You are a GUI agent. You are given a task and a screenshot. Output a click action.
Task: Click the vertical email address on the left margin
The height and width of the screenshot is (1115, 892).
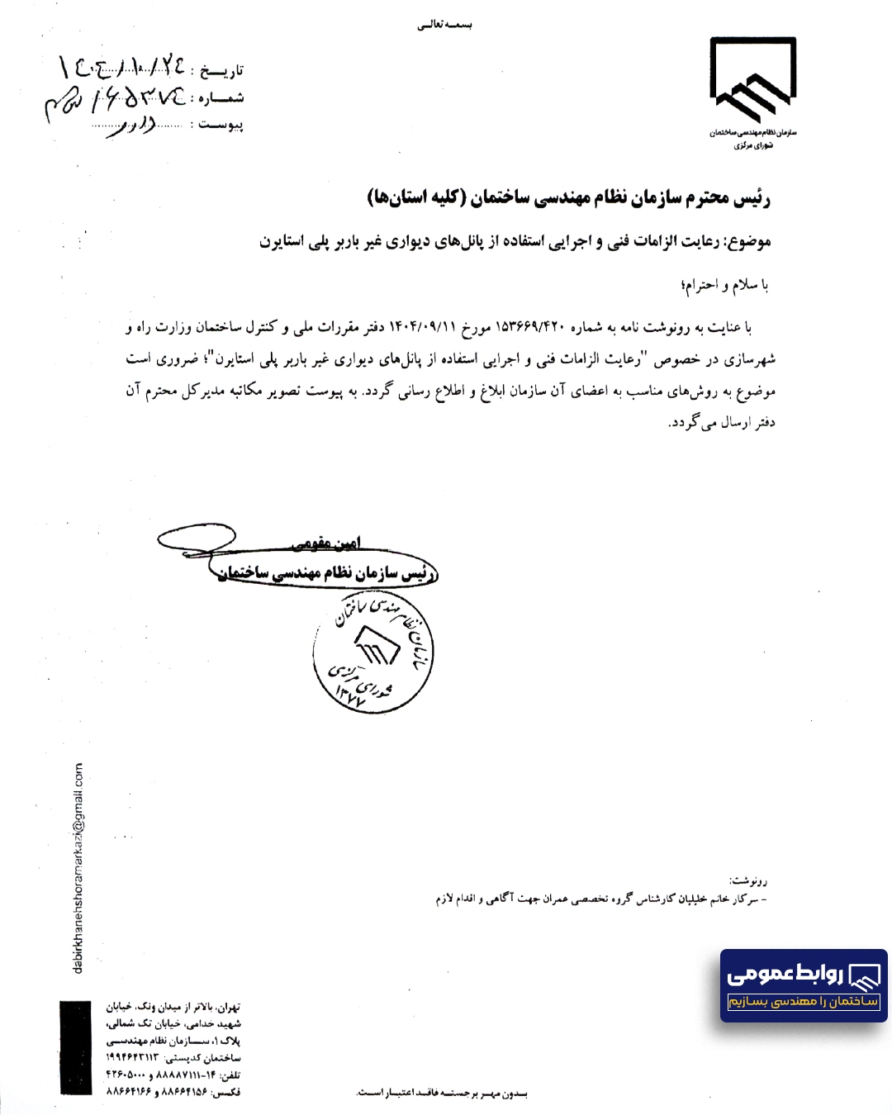point(78,867)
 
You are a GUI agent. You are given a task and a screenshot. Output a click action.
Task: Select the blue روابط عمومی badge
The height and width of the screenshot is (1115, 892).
point(803,985)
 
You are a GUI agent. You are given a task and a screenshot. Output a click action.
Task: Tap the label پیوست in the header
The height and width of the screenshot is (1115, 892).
point(221,126)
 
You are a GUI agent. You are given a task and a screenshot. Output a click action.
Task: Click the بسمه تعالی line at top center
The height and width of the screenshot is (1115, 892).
point(444,25)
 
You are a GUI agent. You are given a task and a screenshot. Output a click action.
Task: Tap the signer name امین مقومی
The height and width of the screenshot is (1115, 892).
point(326,543)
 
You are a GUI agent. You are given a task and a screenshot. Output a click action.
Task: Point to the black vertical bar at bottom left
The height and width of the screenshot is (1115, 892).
point(75,1048)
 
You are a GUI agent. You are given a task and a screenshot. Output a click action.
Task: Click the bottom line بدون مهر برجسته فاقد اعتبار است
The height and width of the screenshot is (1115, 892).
point(442,1094)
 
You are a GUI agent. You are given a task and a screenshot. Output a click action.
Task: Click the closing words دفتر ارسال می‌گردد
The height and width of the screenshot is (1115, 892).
point(721,423)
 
